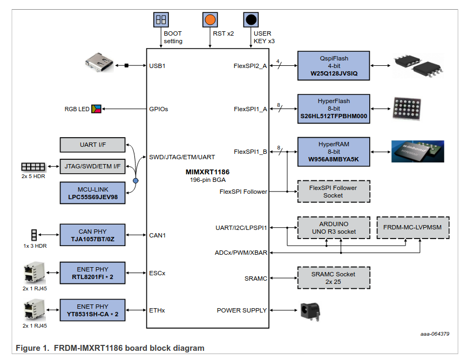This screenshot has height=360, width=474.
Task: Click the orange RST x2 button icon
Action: tap(209, 20)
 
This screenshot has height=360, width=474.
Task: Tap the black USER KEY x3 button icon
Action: tap(250, 20)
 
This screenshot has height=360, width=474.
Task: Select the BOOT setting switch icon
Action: tap(161, 20)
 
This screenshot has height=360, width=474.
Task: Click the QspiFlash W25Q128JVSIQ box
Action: tap(334, 66)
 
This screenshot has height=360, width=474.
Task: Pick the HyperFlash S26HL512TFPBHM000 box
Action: tap(334, 108)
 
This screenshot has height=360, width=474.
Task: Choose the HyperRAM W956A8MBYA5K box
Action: tap(334, 152)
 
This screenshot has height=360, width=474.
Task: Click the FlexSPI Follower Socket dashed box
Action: tap(333, 192)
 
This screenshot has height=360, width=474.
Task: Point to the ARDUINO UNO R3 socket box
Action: tap(333, 228)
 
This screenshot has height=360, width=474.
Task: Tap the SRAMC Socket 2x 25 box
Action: tap(333, 278)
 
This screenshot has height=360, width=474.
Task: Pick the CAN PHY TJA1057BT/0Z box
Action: tap(92, 235)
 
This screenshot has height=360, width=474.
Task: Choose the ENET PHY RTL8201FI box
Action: tap(92, 274)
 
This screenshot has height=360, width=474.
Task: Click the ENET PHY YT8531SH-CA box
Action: tap(92, 310)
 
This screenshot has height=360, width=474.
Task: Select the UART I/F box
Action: tap(92, 145)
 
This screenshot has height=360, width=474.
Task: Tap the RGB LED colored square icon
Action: tap(96, 109)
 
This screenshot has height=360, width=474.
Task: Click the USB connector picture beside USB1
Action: tap(101, 62)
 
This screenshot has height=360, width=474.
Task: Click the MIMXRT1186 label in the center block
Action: tap(203, 172)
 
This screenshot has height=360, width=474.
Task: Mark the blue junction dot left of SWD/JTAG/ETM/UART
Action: tap(136, 180)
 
